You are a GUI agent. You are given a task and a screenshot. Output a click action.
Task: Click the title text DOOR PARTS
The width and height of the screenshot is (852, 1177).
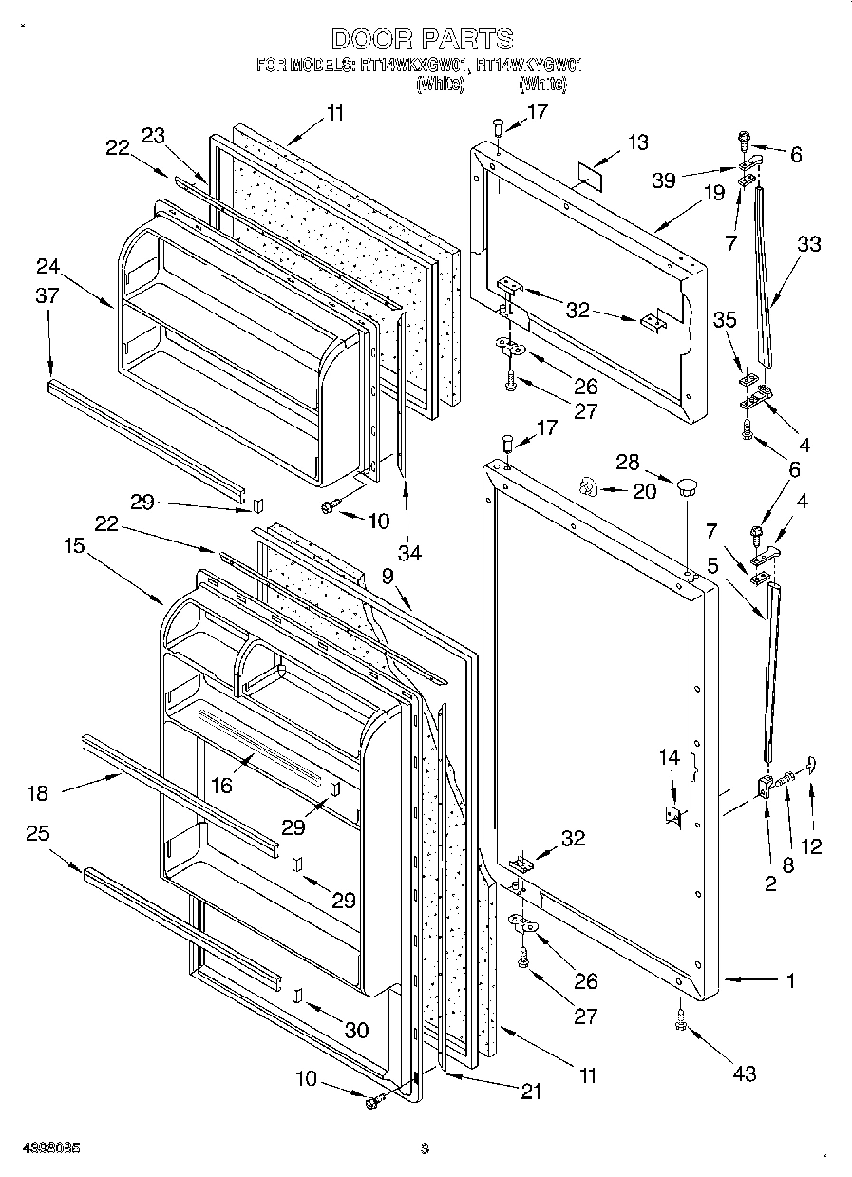click(x=423, y=39)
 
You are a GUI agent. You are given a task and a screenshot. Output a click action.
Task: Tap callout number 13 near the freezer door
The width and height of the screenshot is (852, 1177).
click(x=638, y=142)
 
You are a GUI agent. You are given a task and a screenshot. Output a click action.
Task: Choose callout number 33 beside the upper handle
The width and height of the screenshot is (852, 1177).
click(x=808, y=243)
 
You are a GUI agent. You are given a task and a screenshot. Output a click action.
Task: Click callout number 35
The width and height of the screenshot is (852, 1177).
click(x=724, y=320)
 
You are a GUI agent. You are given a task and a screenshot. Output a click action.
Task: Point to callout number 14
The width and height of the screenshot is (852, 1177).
click(x=670, y=757)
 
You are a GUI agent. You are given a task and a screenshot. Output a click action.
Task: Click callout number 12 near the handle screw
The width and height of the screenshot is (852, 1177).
click(x=812, y=845)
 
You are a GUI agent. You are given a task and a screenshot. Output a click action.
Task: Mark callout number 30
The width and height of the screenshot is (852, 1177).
click(x=357, y=1030)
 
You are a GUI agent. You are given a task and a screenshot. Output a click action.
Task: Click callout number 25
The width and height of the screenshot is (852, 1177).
click(x=39, y=833)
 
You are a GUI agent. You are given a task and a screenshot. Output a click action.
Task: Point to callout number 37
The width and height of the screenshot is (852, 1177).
click(x=47, y=296)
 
